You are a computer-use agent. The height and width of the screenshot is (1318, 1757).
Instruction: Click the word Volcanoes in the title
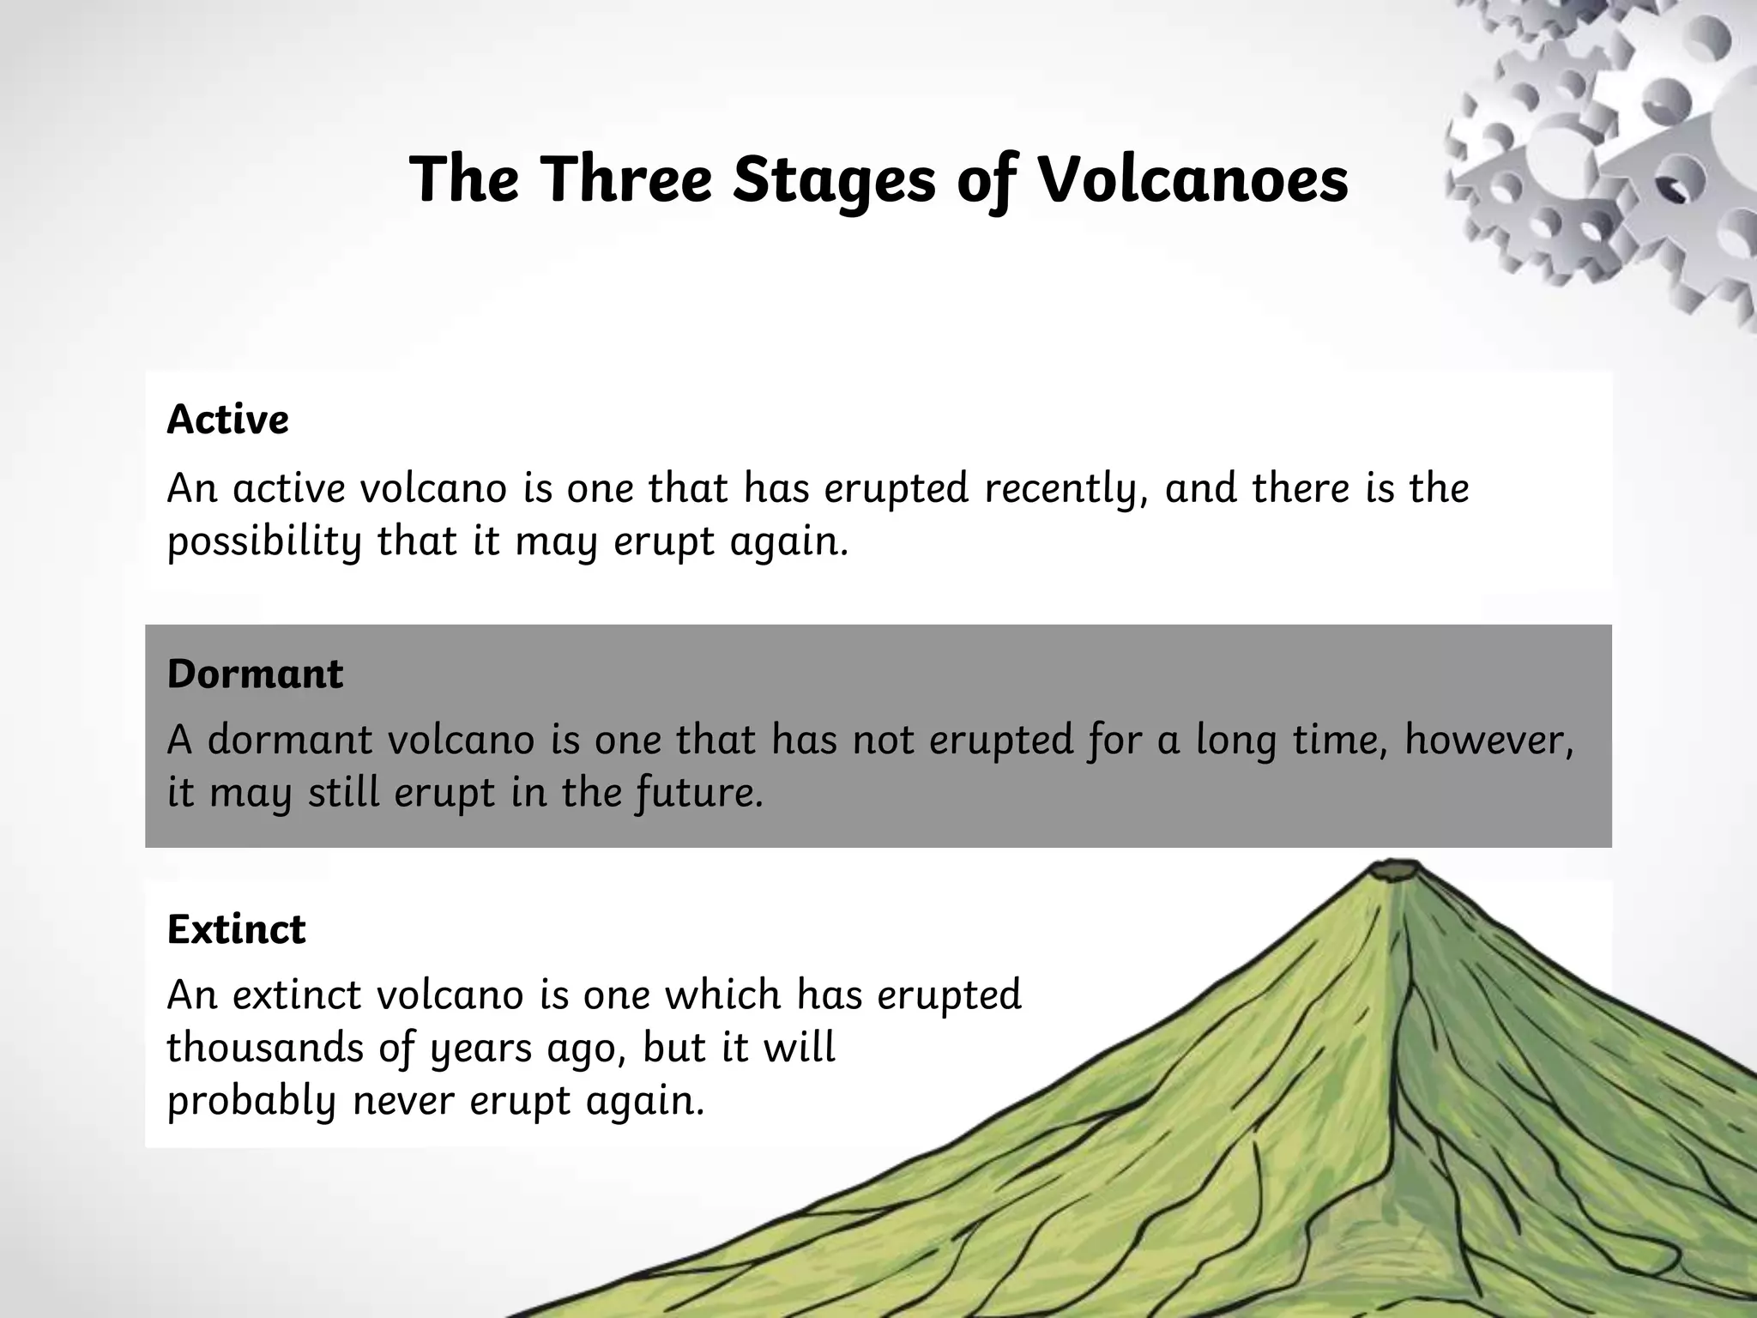pos(1192,179)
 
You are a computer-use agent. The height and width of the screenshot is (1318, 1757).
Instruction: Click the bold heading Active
pos(227,420)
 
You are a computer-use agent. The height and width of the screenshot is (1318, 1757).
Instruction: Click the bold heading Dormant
pos(255,674)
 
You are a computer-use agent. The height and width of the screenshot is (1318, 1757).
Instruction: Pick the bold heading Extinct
pos(236,928)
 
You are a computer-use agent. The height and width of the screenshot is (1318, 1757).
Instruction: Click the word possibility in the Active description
pos(264,542)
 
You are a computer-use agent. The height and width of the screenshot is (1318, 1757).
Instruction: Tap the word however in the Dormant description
pos(1488,740)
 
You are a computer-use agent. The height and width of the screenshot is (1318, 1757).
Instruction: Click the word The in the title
pos(464,179)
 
